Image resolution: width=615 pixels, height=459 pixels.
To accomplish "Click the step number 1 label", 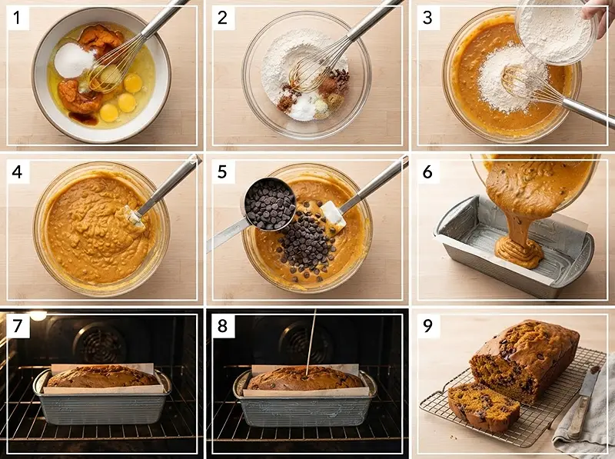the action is tap(17, 18).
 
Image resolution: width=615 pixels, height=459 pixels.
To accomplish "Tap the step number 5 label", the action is tap(222, 171).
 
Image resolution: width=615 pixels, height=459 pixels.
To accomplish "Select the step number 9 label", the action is tap(427, 326).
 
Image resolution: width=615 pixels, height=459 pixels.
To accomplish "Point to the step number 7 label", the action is tap(17, 326).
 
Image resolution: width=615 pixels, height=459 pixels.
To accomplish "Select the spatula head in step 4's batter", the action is tap(134, 217).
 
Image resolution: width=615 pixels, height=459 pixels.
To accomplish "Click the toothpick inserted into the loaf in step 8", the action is tap(311, 342).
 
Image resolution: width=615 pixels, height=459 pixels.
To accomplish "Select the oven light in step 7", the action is tap(38, 315).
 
